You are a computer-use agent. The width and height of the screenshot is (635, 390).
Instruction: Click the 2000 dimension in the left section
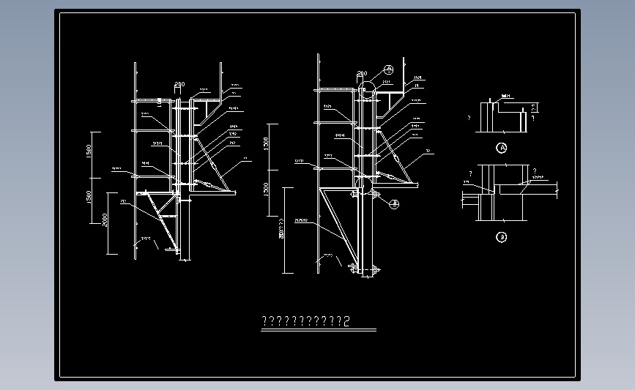point(105,219)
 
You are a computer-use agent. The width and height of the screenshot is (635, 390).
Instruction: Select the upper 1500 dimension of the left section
point(88,152)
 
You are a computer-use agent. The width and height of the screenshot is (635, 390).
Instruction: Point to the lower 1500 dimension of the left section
point(88,198)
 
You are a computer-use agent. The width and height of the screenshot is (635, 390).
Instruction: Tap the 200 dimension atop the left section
point(179,84)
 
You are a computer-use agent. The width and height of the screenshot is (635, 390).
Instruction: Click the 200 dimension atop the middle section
point(361,74)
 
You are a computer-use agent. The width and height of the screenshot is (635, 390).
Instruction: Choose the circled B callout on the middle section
point(393,204)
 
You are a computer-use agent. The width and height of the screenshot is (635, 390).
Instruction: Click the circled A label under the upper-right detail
point(502,148)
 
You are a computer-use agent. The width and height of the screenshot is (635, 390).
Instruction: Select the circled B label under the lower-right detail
point(502,236)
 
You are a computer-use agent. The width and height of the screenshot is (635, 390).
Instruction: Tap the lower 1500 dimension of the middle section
point(267,194)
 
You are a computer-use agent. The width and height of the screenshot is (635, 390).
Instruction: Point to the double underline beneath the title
point(319,330)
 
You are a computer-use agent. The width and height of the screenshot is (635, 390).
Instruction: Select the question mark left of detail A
point(468,116)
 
